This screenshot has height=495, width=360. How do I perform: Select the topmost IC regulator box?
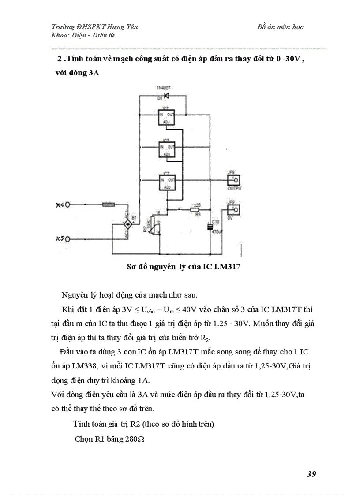coord(164,117)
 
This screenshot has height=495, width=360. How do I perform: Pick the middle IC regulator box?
coord(164,149)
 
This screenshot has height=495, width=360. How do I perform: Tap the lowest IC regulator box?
coord(164,182)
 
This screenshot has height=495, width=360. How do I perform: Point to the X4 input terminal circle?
coord(68,205)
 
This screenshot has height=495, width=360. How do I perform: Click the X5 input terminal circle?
coord(68,238)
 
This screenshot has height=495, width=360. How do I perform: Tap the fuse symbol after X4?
coord(109,205)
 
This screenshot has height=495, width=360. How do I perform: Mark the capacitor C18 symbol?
coord(210,227)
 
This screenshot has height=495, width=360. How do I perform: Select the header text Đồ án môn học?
coord(280,27)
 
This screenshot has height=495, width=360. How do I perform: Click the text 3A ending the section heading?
coord(93,73)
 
